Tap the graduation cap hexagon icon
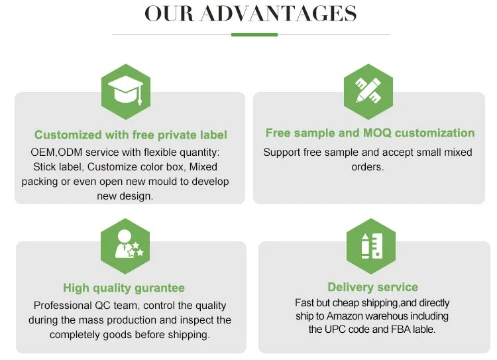pos(126,91)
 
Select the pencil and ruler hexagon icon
pos(368,91)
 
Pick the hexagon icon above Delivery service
pos(370,246)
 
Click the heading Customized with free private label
pos(131,135)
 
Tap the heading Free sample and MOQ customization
pos(370,133)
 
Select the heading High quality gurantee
pos(124,288)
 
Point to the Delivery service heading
pos(372,287)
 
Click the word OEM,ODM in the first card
pos(54,152)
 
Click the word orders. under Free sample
pos(367,167)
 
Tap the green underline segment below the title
pos(254,34)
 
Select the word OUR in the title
pos(169,13)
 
